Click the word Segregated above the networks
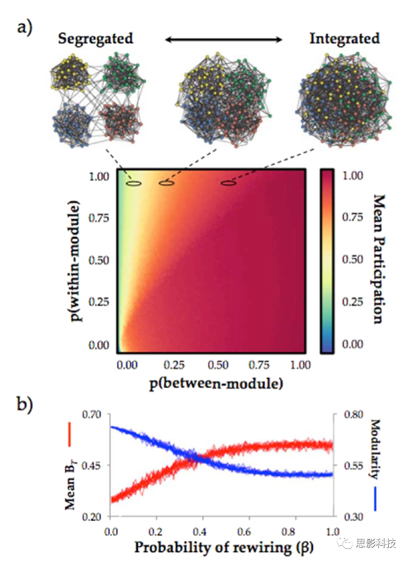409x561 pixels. pos(95,39)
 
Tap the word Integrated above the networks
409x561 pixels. pos(344,39)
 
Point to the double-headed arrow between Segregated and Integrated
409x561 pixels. pos(223,40)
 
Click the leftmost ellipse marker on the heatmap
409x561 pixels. pos(134,183)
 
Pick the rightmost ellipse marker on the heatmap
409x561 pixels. pos(228,183)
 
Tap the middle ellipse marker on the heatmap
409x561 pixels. pos(166,183)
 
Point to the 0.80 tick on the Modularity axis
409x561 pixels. pos(346,414)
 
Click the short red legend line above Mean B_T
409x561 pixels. pos(69,434)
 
